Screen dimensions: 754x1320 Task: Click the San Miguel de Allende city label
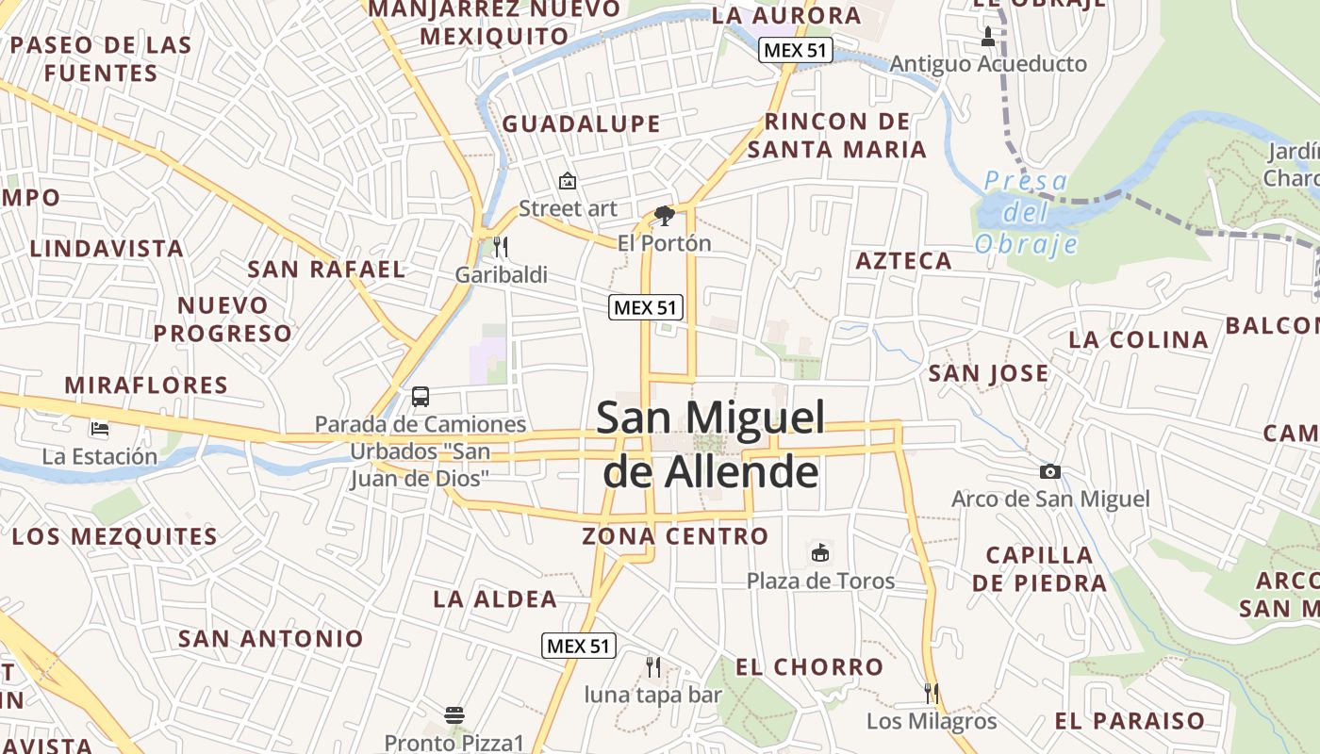[711, 445]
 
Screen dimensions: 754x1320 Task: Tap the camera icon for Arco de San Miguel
[1049, 471]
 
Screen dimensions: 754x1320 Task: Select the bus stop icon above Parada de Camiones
[421, 397]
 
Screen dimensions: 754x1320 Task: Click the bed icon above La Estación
[100, 429]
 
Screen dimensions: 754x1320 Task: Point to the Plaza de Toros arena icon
[819, 552]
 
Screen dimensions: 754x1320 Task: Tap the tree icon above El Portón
[664, 216]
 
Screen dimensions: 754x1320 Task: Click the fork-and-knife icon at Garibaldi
[501, 247]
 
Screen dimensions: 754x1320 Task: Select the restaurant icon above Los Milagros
[931, 694]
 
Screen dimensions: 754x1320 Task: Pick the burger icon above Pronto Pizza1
[454, 714]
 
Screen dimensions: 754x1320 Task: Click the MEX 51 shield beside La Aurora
[796, 51]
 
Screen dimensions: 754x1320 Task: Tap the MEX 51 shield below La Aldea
[579, 646]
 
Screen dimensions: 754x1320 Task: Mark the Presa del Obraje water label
[1026, 212]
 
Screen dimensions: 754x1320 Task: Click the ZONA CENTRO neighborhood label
[675, 536]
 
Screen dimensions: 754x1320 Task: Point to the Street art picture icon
[568, 180]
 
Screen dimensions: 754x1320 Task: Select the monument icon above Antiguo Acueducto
[987, 38]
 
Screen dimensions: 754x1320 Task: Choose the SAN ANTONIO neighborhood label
[271, 638]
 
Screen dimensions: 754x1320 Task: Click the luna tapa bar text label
[652, 696]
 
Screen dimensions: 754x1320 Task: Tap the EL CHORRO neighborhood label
[809, 667]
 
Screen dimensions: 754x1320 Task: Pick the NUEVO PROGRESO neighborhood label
[223, 320]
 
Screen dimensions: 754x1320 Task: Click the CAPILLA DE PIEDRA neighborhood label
[1039, 568]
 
